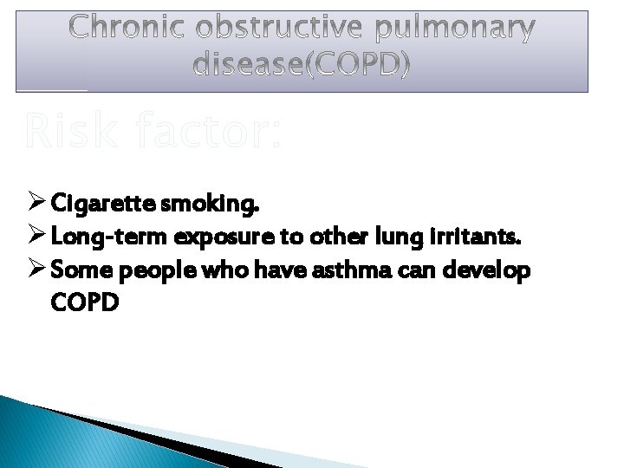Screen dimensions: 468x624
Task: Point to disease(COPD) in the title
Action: point(302,65)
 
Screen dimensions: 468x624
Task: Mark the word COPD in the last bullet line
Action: point(84,303)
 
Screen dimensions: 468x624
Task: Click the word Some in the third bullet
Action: point(75,270)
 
